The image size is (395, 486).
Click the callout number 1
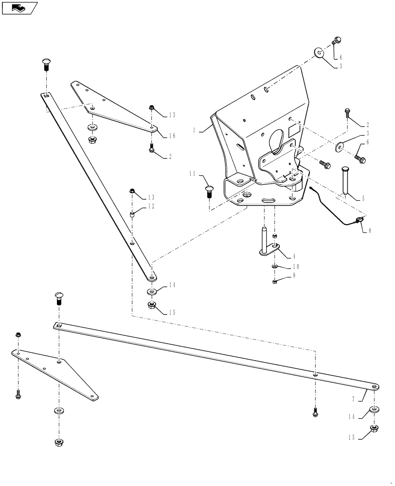point(194,131)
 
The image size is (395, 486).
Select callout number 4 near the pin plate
point(294,256)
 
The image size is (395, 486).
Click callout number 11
point(193,174)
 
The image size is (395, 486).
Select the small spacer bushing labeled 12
point(131,214)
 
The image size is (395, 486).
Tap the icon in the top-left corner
point(19,8)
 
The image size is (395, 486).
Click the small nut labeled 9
point(275,281)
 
